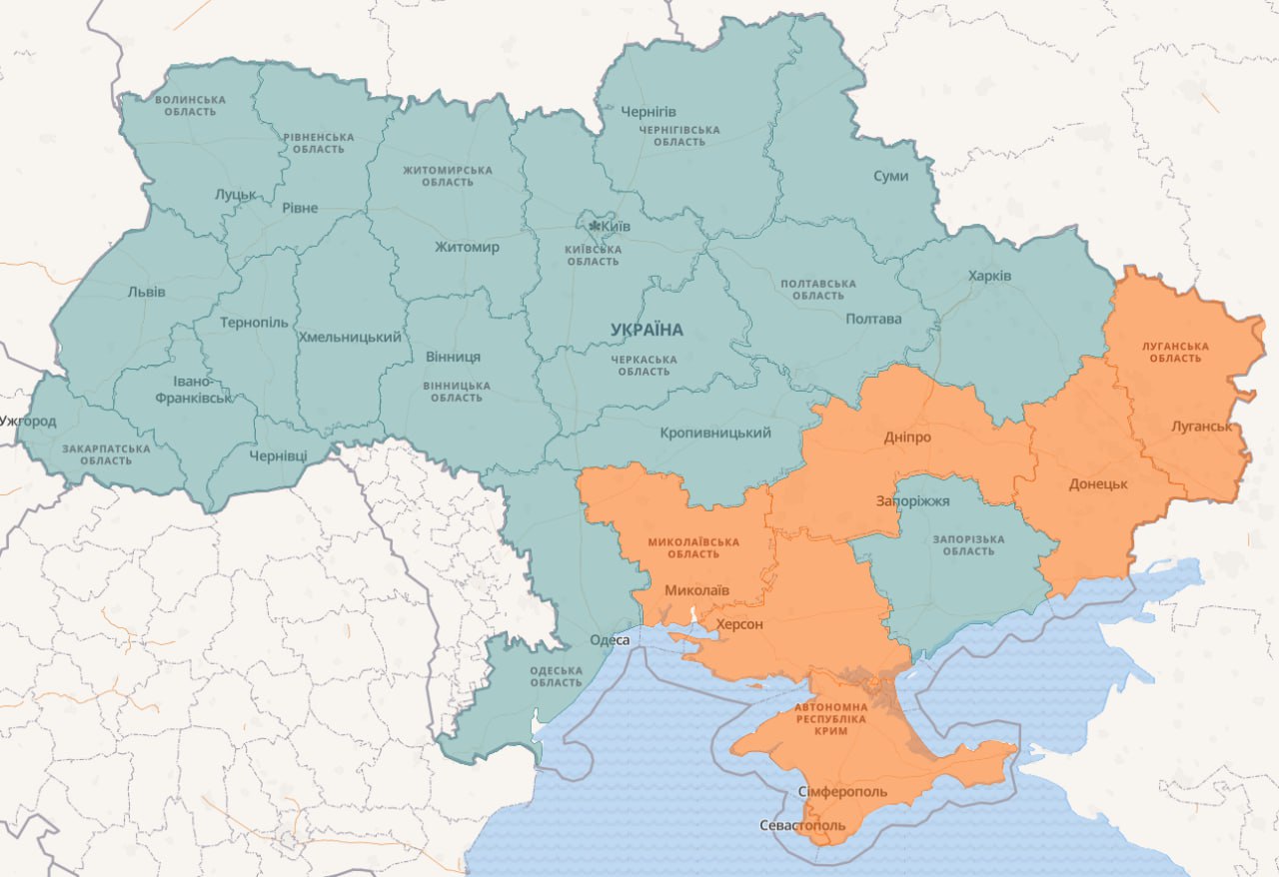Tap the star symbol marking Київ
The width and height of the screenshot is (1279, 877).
[x=594, y=227]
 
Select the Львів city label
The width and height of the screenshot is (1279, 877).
[x=147, y=292]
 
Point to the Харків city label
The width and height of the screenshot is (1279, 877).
[x=989, y=276]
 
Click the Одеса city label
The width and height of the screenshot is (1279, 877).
[x=610, y=640]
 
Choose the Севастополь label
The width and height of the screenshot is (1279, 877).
[x=802, y=826]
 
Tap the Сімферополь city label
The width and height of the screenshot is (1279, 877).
[x=842, y=791]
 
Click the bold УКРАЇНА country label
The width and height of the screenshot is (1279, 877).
[x=646, y=330]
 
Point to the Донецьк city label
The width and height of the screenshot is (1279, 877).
[x=1098, y=483]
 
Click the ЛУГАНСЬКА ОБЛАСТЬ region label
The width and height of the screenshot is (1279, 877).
[x=1175, y=352]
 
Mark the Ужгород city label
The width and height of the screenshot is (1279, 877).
[x=28, y=421]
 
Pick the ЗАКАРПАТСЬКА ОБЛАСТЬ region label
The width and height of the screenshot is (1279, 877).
[x=106, y=454]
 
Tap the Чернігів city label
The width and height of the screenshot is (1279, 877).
[x=648, y=111]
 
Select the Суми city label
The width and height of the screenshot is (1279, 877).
[x=890, y=176]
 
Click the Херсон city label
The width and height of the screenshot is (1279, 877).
[x=739, y=624]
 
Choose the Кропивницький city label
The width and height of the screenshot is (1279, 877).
[x=715, y=433]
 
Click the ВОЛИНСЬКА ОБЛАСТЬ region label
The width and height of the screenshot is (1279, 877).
[x=190, y=105]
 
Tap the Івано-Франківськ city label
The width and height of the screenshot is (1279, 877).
[x=193, y=390]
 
